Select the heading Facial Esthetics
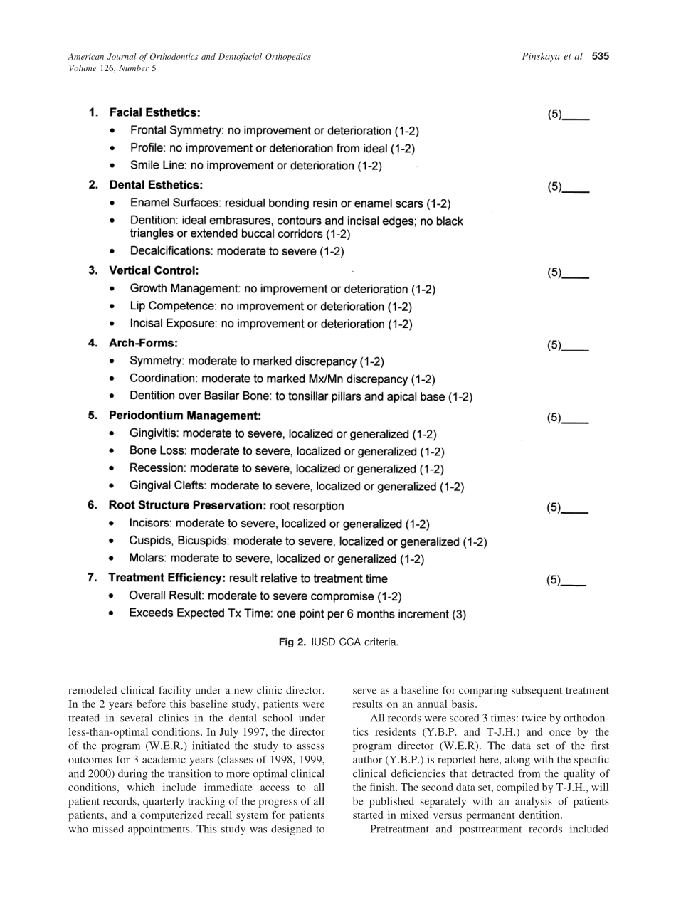click(154, 112)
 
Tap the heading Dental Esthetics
click(155, 185)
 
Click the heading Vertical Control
click(153, 270)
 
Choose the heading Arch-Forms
click(142, 343)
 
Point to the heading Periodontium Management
click(184, 415)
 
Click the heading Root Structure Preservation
click(187, 506)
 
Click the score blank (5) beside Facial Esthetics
click(568, 115)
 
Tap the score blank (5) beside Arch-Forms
click(568, 346)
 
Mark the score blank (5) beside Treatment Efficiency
click(566, 580)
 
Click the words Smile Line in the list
click(152, 166)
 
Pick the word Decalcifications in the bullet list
click(169, 251)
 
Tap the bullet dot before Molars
click(112, 559)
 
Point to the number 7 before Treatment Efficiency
click(91, 578)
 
